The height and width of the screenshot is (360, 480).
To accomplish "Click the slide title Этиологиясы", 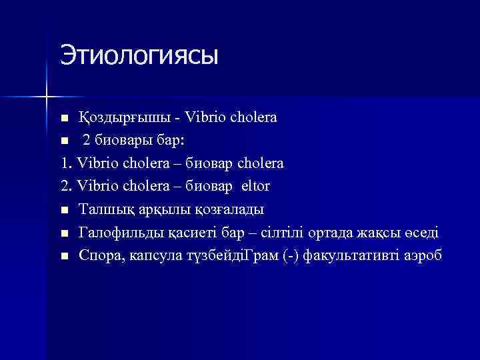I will pos(139,55).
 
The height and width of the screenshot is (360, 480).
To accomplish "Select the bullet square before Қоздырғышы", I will pos(64,119).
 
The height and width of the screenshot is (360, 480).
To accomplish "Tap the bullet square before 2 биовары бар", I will pos(64,141).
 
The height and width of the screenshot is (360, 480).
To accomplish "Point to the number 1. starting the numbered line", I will pos(65,163).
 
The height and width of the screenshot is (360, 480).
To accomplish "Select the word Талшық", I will pos(102,209).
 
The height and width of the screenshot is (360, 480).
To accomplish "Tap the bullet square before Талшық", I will pos(64,210).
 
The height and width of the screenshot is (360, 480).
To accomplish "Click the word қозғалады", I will pos(229,209).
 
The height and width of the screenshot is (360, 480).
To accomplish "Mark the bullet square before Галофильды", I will pos(64,233).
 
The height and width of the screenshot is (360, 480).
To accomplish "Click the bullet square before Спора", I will pos(64,255).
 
